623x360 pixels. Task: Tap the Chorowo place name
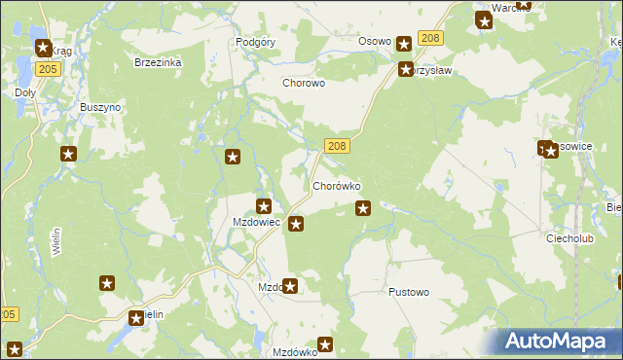[x=303, y=84]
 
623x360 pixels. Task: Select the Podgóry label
[x=257, y=43]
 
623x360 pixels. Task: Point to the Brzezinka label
[x=158, y=62]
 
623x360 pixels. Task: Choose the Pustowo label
[x=408, y=292]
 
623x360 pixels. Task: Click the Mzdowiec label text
[x=256, y=223]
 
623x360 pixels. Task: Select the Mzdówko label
[x=295, y=352]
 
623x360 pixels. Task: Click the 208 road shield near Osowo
[x=430, y=38]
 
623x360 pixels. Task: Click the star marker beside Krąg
[x=43, y=47]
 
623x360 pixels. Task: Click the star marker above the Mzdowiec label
[x=264, y=205]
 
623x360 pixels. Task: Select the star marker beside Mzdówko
[x=326, y=344]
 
